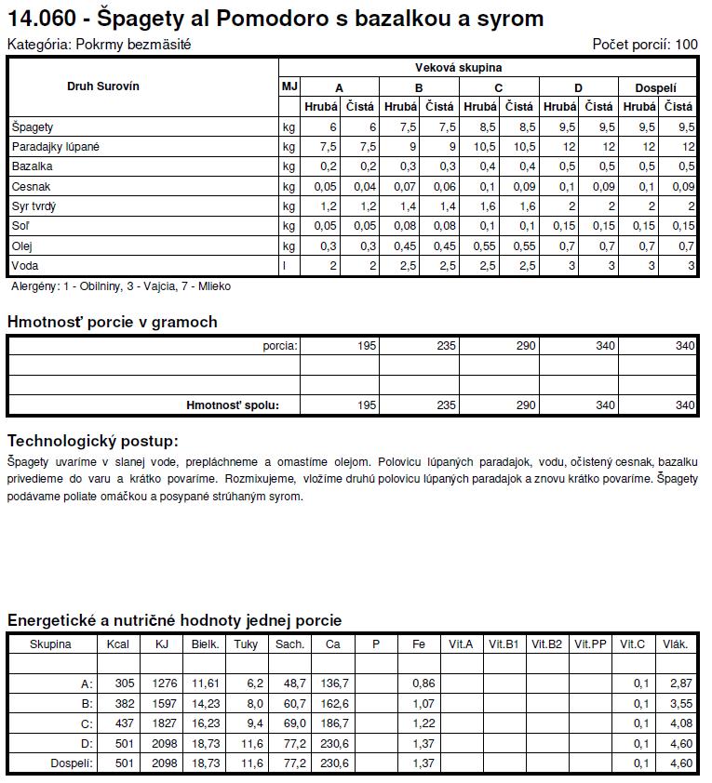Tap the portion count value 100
[686, 45]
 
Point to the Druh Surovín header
[103, 86]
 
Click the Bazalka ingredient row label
[32, 166]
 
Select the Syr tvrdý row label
[34, 206]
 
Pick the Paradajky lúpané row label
[55, 147]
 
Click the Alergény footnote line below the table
[120, 286]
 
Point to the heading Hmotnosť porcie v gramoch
[112, 323]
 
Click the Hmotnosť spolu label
[232, 405]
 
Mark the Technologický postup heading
[92, 441]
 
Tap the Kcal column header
[118, 644]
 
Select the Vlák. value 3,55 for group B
[680, 704]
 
